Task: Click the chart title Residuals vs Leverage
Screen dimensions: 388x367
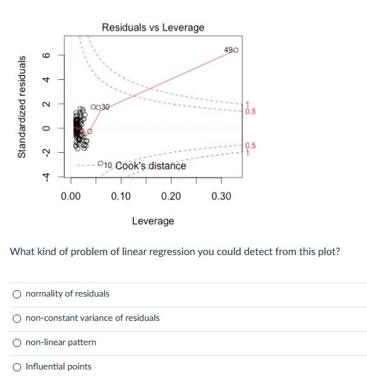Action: coord(153,27)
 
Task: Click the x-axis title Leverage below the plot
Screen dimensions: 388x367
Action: coord(153,221)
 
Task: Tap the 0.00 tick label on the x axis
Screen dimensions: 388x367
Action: coord(71,196)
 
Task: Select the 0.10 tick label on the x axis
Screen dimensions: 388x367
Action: coord(121,196)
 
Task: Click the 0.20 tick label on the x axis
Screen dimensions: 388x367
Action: coord(171,196)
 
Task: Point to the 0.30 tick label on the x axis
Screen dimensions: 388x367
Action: coord(221,196)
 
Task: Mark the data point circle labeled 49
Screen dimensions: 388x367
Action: coord(236,50)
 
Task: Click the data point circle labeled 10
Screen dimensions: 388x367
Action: coord(100,166)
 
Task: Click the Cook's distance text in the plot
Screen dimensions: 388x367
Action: coord(150,166)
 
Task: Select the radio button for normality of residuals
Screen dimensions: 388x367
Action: coord(17,294)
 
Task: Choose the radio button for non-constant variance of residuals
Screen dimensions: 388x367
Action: coord(17,318)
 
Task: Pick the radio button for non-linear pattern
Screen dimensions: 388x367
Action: coord(17,342)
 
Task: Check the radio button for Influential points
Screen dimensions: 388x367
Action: coord(17,366)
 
